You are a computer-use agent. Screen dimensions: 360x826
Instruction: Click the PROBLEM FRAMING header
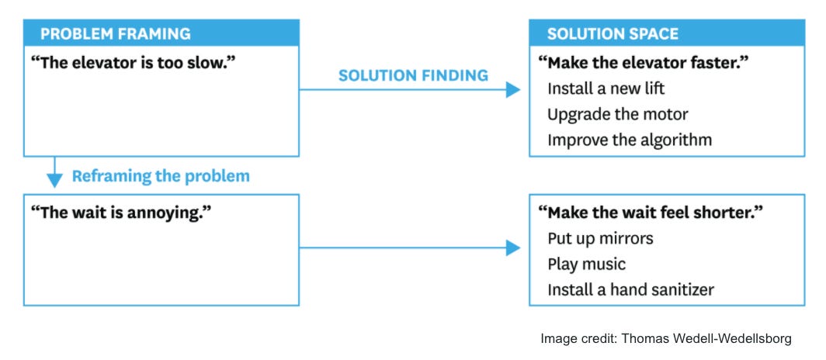click(x=116, y=33)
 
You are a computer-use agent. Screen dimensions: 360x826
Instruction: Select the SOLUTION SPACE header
click(x=613, y=33)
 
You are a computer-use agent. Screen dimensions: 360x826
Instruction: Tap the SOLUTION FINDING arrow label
click(x=413, y=75)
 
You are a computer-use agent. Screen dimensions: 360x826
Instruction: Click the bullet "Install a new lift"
click(x=606, y=88)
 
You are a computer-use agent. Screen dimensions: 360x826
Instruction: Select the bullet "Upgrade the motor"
click(x=617, y=114)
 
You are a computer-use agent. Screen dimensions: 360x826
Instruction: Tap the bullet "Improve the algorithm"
click(x=629, y=140)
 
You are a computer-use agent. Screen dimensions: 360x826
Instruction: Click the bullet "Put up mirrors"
click(x=600, y=237)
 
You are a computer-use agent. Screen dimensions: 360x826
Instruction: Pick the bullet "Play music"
click(x=586, y=264)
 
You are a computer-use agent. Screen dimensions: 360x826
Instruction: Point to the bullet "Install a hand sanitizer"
click(x=630, y=289)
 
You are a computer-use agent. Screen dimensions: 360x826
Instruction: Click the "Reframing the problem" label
click(x=161, y=176)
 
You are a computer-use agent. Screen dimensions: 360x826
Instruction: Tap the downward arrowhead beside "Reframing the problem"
click(x=54, y=179)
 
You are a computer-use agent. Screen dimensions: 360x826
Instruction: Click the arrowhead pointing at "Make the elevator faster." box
click(x=512, y=90)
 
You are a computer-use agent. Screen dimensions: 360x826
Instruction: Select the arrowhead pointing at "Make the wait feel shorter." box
click(x=512, y=248)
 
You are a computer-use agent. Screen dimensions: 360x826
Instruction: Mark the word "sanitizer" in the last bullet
click(x=681, y=289)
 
